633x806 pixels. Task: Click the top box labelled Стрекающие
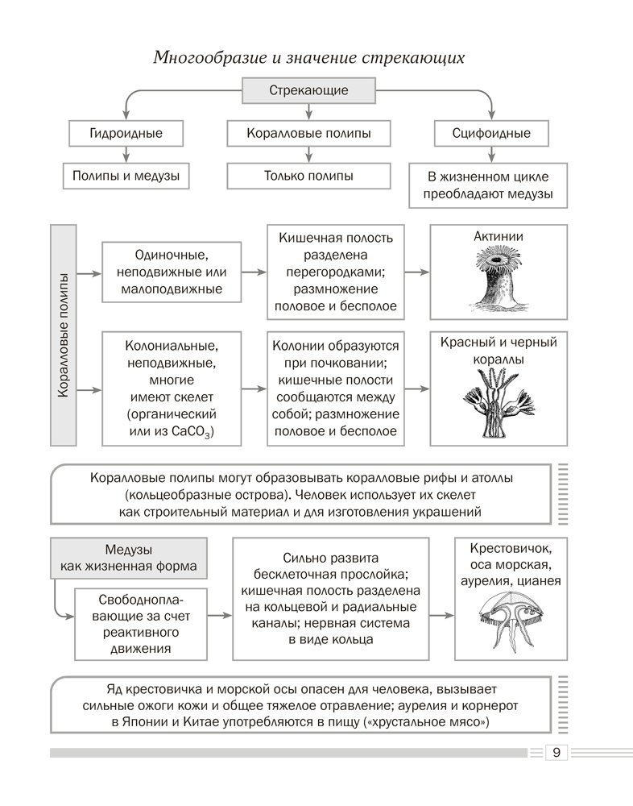(x=308, y=90)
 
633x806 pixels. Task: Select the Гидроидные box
(x=126, y=133)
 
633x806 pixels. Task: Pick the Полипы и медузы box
(x=126, y=176)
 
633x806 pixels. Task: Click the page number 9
(x=556, y=752)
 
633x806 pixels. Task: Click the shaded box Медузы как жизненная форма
(x=128, y=557)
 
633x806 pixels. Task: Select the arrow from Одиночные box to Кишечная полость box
(x=254, y=272)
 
